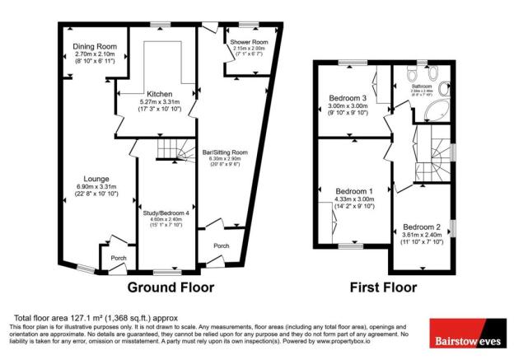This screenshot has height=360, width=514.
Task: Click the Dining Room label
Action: tap(92, 46)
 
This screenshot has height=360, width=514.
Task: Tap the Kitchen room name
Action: tap(159, 94)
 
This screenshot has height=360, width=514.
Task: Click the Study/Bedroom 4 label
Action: tap(166, 213)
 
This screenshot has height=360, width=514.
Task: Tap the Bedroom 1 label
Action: tap(354, 191)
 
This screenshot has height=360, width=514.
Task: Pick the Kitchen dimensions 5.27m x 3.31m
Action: tap(159, 102)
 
